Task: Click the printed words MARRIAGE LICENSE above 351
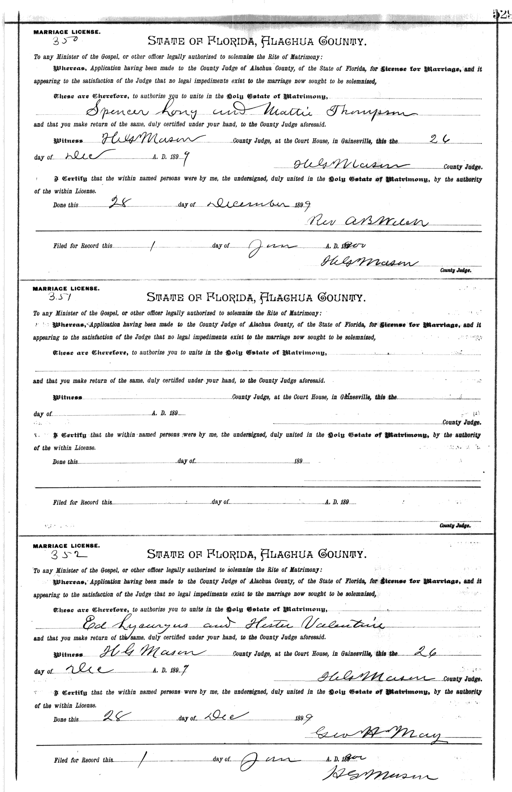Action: (67, 288)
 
